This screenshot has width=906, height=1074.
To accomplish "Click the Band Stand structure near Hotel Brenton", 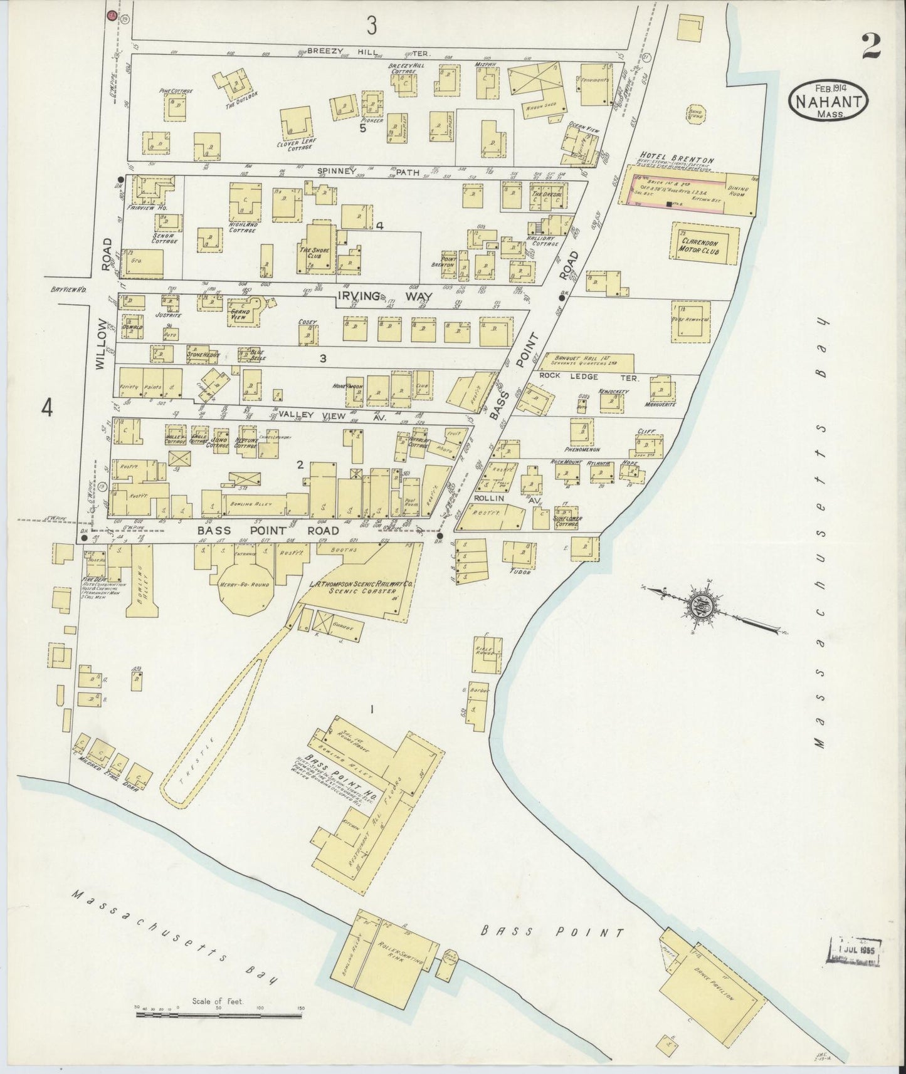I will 695,116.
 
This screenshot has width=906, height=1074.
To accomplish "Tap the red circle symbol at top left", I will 112,14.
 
